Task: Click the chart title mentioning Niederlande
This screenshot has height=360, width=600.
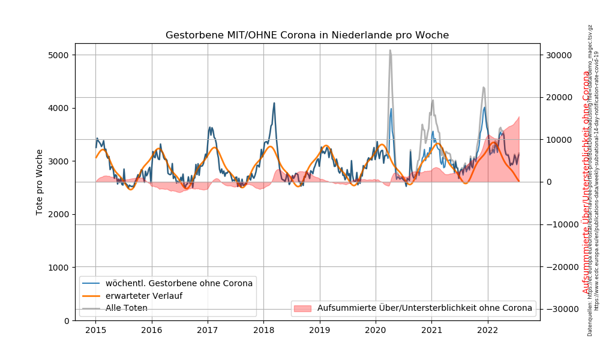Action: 307,35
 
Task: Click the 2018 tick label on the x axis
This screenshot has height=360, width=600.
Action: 263,329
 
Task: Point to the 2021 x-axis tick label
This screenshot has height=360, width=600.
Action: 431,329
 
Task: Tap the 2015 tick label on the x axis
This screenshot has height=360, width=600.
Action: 95,329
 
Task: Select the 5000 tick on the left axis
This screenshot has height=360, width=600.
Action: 58,55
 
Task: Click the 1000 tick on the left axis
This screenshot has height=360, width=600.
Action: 58,268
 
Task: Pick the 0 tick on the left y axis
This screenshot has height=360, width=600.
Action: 66,320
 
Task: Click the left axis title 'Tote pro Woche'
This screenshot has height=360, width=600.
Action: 40,182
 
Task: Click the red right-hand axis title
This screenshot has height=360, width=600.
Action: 586,182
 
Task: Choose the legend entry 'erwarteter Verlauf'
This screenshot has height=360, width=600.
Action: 144,296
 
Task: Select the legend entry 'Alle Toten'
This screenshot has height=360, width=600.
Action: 127,308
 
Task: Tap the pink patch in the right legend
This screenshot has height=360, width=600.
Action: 303,308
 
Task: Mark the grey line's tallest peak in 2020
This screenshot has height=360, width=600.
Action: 390,50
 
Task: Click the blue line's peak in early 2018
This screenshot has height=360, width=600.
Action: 274,103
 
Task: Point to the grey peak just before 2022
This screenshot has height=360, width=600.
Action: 484,88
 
